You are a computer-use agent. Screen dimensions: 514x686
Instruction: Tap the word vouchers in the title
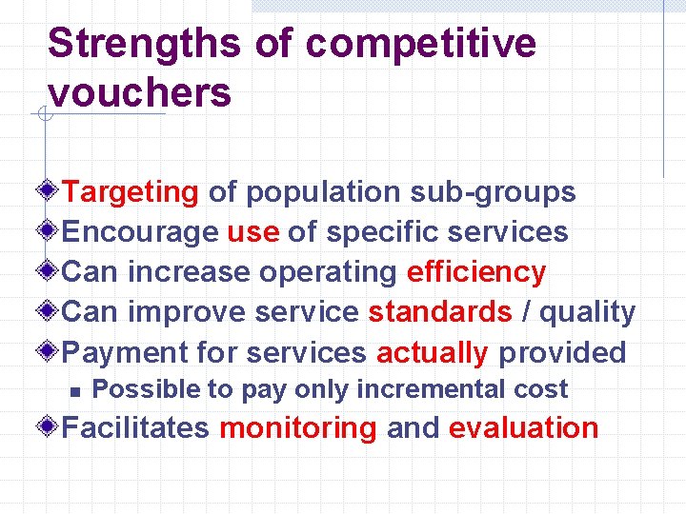pyautogui.click(x=139, y=93)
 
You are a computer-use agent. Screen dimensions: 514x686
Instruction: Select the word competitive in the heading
pyautogui.click(x=421, y=44)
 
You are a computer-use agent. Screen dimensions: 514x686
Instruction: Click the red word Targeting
pyautogui.click(x=130, y=192)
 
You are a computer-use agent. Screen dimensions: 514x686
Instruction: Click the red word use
pyautogui.click(x=252, y=232)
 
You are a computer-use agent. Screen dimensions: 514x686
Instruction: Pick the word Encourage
pyautogui.click(x=140, y=232)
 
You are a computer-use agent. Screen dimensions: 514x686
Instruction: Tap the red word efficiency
pyautogui.click(x=476, y=272)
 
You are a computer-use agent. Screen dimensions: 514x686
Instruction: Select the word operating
pyautogui.click(x=328, y=272)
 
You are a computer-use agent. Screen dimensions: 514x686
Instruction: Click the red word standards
pyautogui.click(x=440, y=312)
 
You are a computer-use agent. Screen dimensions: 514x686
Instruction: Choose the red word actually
pyautogui.click(x=433, y=352)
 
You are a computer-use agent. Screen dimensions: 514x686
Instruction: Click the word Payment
pyautogui.click(x=125, y=352)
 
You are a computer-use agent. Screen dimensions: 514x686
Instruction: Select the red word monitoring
pyautogui.click(x=298, y=428)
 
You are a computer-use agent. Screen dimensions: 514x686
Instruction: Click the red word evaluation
pyautogui.click(x=523, y=428)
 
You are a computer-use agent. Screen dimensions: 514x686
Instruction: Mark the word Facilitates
pyautogui.click(x=135, y=428)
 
